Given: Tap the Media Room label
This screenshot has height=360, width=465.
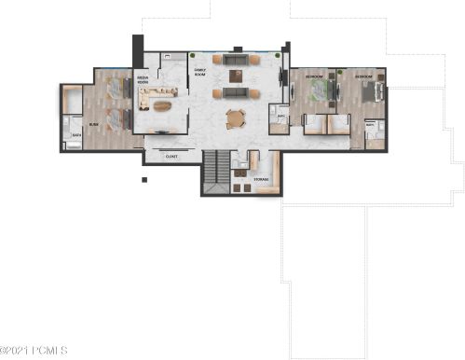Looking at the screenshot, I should point(144,79).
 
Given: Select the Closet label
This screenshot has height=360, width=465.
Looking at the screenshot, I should point(171,157).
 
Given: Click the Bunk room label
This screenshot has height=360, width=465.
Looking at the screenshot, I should point(93,122).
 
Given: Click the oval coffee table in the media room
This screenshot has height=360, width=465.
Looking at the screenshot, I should point(162,105).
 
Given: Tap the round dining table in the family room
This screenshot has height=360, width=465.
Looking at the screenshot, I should point(236,118).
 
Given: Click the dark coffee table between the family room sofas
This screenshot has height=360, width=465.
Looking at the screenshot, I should point(236,76).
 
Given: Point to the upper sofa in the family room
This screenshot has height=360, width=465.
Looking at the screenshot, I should point(236,60).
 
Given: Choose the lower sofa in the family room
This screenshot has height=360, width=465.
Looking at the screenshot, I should point(236,93).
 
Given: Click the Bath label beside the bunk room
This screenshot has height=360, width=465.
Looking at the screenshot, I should point(76,135).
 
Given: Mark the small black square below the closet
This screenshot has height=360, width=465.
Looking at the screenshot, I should point(144,180).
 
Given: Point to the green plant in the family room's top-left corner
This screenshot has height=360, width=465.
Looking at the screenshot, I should point(193,56).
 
